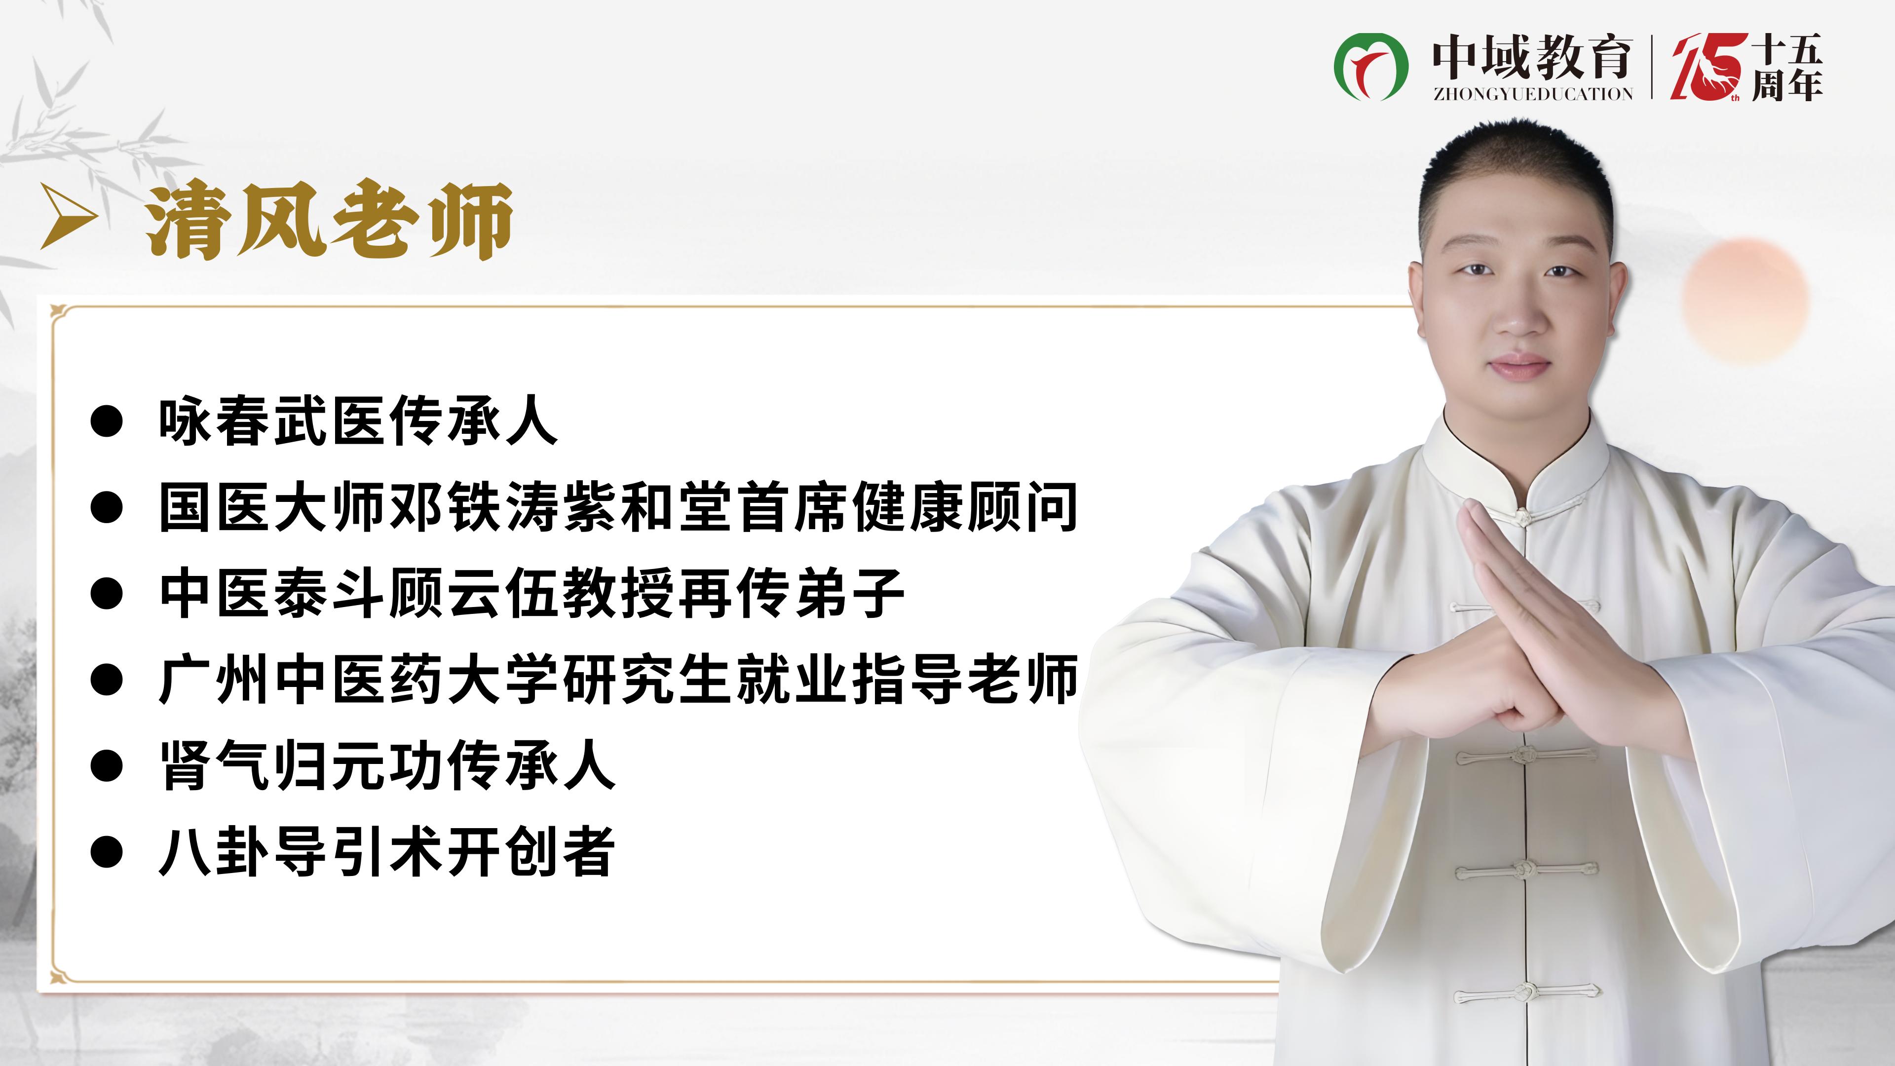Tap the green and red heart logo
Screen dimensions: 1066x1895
pyautogui.click(x=1370, y=66)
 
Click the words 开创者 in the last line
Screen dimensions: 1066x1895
pyautogui.click(x=531, y=852)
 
